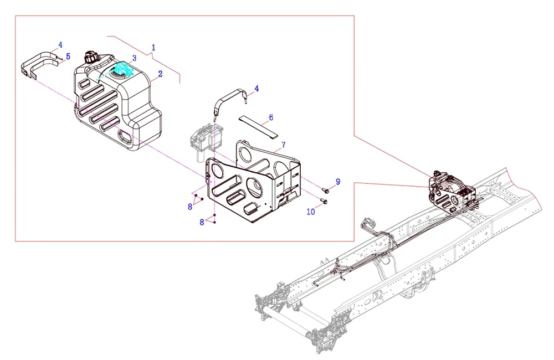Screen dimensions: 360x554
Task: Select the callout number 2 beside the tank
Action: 160,73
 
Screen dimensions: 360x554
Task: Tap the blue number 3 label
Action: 134,58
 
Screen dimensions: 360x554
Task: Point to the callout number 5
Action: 68,56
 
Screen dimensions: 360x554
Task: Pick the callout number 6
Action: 271,117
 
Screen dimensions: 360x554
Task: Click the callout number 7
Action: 283,145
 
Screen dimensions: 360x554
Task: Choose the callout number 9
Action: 337,182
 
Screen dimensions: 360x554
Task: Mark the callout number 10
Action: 310,212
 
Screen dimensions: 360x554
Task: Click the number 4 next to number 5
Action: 60,45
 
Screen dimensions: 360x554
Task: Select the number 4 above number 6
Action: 257,88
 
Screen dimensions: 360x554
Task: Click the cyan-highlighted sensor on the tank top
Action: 121,71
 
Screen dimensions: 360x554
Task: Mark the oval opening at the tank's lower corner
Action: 126,137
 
